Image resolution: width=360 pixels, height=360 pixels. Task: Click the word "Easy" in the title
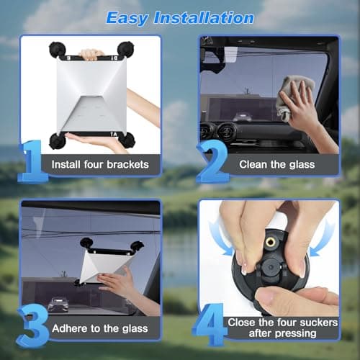pos(130,17)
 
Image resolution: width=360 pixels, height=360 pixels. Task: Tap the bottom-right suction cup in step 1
pos(128,140)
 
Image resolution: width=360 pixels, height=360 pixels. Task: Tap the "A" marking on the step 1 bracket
pos(116,133)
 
